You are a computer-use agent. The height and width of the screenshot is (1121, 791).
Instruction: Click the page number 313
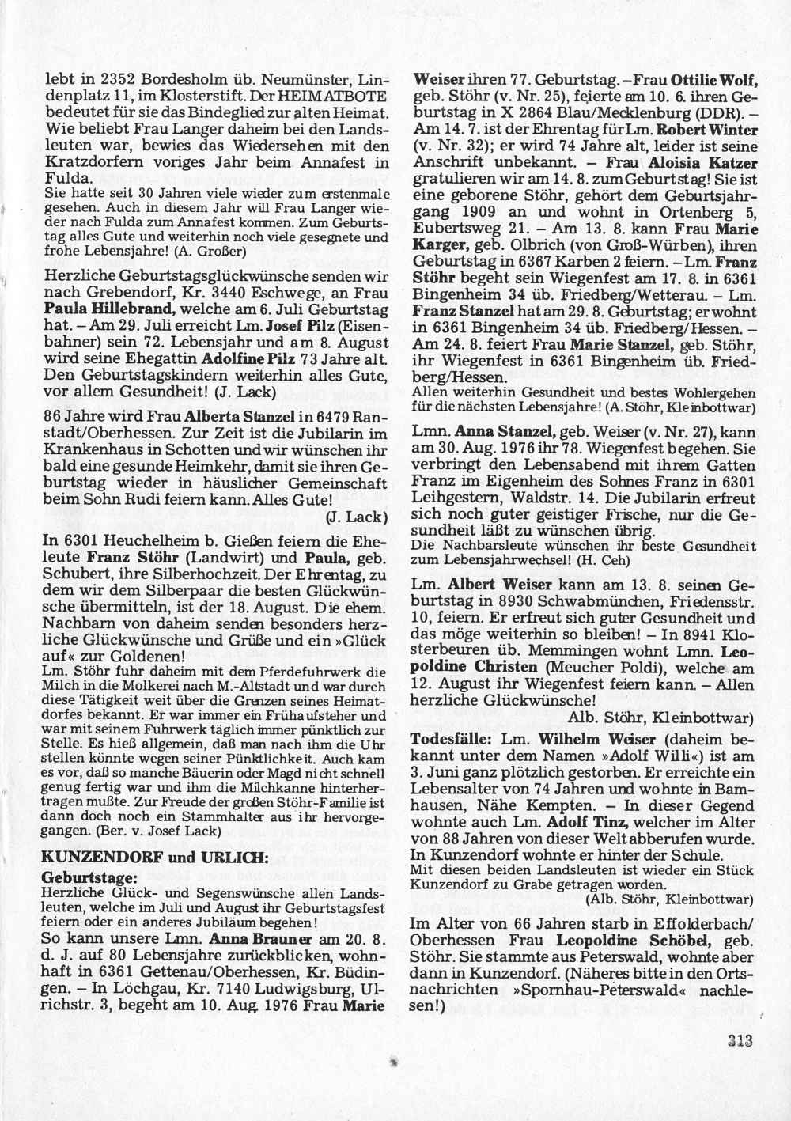pos(735,1041)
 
